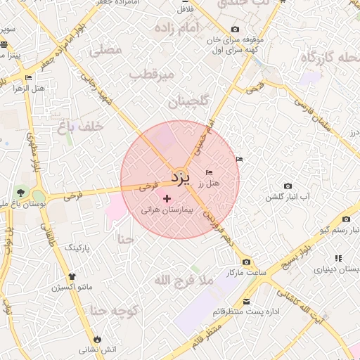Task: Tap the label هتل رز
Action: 209,183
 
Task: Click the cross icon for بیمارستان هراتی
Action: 167,199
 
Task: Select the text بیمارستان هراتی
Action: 167,210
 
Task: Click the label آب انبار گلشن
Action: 288,197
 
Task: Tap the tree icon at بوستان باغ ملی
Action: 20,193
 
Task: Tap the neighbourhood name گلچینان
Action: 189,103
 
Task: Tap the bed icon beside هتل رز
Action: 209,172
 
